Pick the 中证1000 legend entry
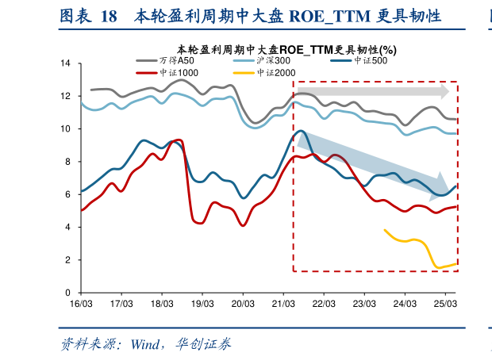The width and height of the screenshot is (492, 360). tap(179, 73)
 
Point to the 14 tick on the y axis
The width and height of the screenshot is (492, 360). tap(66, 63)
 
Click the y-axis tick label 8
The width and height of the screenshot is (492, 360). tap(68, 162)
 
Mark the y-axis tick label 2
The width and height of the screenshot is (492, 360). tap(68, 260)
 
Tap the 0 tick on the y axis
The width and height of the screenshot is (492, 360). tap(68, 293)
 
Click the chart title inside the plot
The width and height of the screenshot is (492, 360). tap(286, 48)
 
